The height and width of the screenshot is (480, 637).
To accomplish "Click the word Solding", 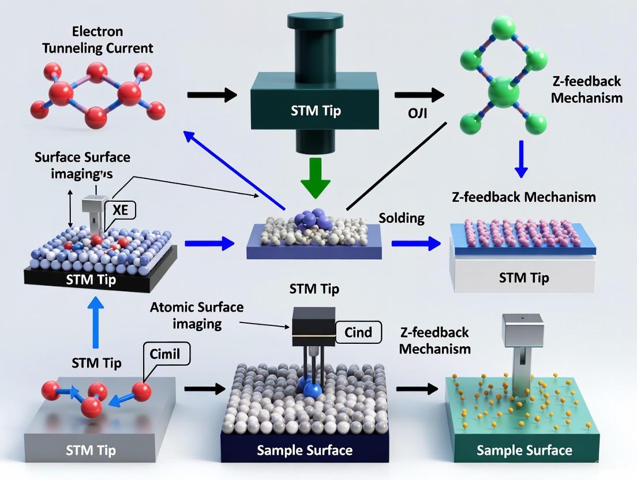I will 402,218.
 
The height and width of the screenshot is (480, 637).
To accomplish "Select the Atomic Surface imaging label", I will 196,315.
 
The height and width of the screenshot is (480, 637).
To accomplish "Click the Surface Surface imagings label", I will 82,165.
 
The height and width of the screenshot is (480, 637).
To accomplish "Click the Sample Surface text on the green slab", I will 524,450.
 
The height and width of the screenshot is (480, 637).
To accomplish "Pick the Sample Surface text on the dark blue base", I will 304,450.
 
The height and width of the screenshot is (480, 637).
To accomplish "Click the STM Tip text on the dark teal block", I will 315,110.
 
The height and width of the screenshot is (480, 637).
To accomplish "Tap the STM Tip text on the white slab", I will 524,277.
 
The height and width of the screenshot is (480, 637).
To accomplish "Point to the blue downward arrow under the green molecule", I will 521,159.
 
